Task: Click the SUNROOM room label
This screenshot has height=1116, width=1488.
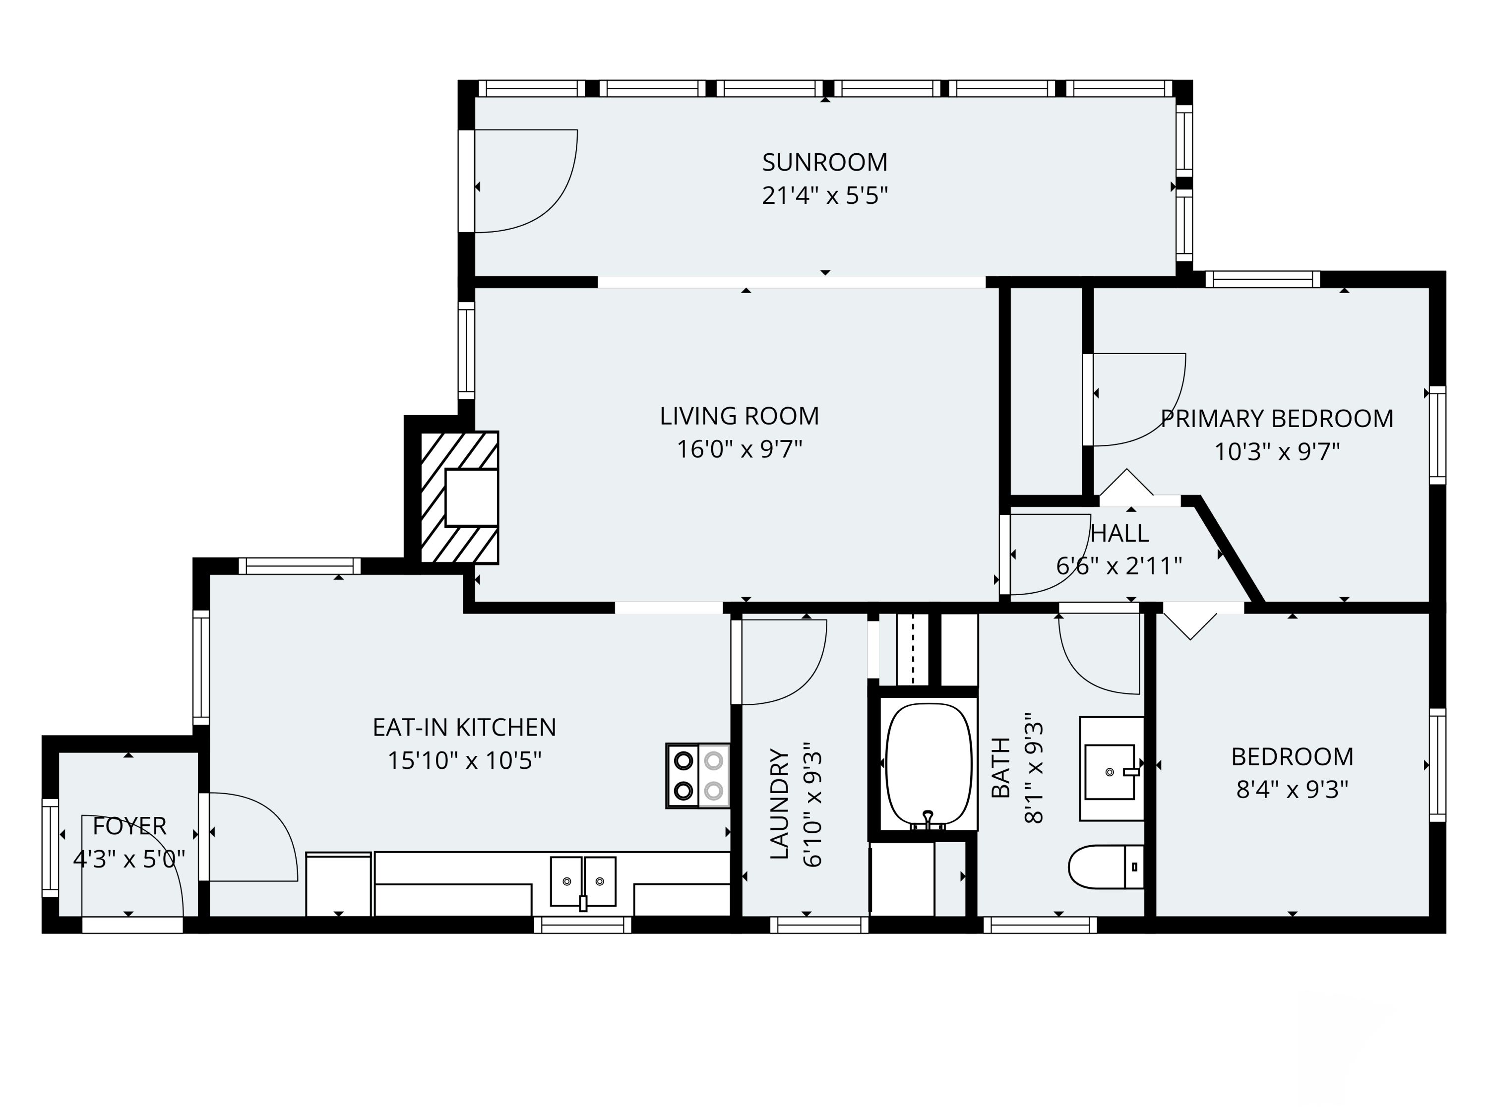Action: [825, 162]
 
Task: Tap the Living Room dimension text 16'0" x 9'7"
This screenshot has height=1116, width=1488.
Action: [740, 449]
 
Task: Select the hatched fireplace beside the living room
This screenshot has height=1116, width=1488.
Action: [459, 498]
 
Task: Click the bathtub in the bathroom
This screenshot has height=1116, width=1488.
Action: [929, 765]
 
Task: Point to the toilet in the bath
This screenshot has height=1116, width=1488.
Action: [1106, 867]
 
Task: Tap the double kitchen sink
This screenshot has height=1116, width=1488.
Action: [583, 882]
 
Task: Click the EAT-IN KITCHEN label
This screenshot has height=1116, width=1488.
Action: [464, 727]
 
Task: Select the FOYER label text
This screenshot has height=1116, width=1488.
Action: [129, 826]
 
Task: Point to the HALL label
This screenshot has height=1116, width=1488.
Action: [1119, 533]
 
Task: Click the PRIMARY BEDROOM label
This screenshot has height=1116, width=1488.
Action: [1277, 419]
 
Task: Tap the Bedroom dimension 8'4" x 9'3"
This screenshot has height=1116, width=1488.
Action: [1292, 789]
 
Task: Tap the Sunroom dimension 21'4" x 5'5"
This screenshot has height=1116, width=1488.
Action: [825, 196]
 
